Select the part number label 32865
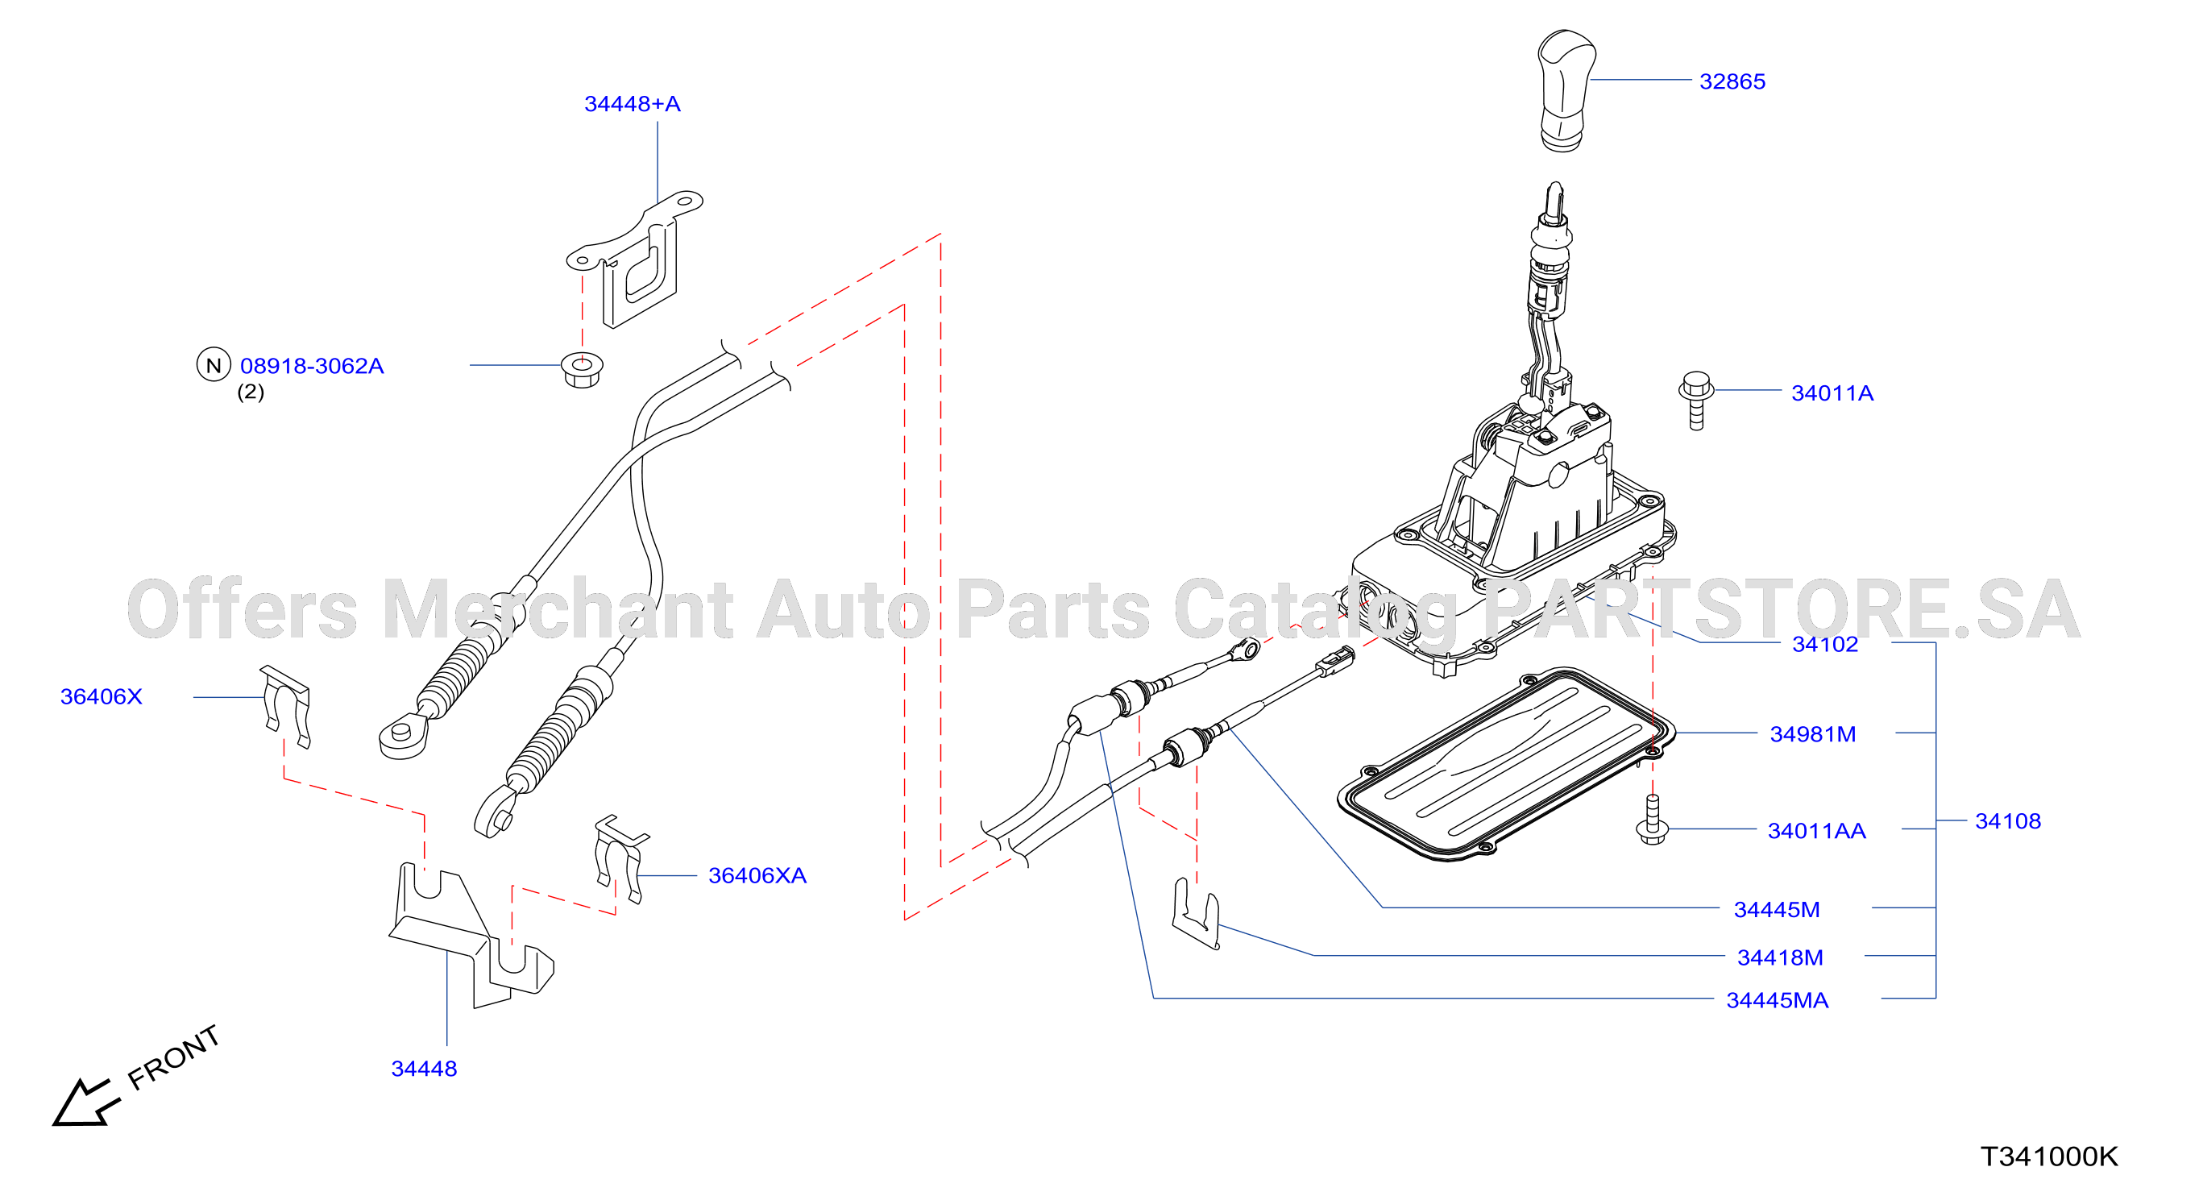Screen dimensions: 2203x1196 [x=1732, y=81]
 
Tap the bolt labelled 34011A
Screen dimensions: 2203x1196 [x=1696, y=400]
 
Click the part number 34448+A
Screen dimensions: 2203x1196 [x=632, y=103]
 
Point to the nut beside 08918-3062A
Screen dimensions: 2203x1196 [x=583, y=369]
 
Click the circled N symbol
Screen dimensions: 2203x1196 [x=214, y=365]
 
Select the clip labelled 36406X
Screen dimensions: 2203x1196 [x=284, y=706]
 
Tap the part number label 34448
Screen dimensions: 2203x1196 [x=424, y=1069]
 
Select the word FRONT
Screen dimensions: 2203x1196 [x=173, y=1057]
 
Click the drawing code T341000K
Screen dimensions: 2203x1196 [x=2049, y=1157]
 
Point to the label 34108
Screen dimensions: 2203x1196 [x=2008, y=821]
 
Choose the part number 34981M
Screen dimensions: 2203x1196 [x=1813, y=734]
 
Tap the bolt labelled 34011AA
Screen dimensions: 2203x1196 [x=1652, y=820]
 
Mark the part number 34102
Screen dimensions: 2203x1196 [x=1825, y=644]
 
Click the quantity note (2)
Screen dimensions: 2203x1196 [x=251, y=392]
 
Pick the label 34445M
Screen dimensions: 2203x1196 [x=1777, y=909]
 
